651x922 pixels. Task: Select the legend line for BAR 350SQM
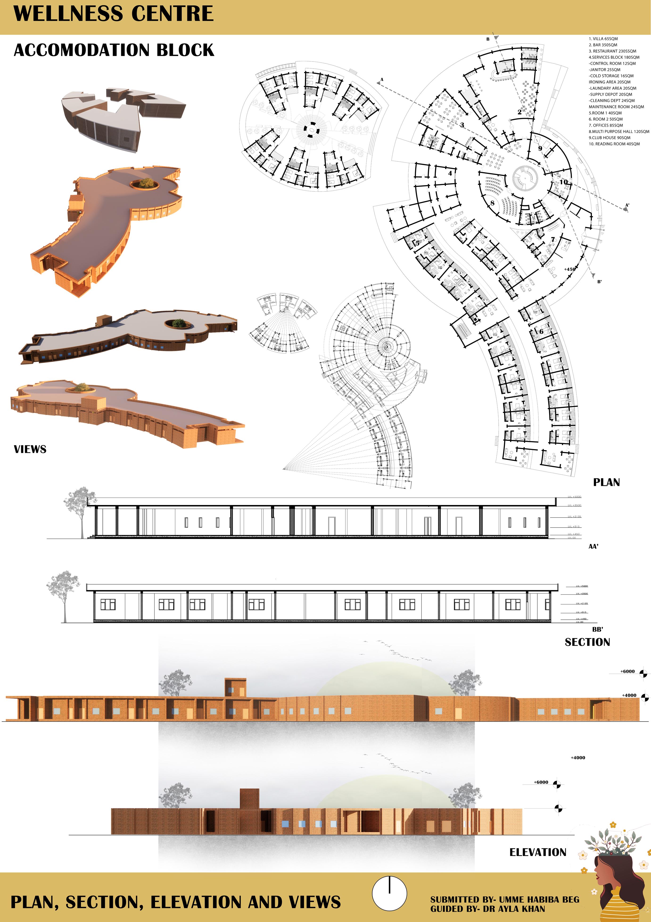point(603,45)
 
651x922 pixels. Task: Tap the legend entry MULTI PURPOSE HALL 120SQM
point(618,131)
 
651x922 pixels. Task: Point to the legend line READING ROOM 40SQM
point(614,144)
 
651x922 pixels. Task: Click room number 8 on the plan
point(492,203)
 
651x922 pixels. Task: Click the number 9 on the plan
point(540,149)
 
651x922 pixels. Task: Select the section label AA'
point(593,546)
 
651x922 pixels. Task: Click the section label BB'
point(597,630)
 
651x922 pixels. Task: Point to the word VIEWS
point(30,449)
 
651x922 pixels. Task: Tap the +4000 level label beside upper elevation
point(629,695)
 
